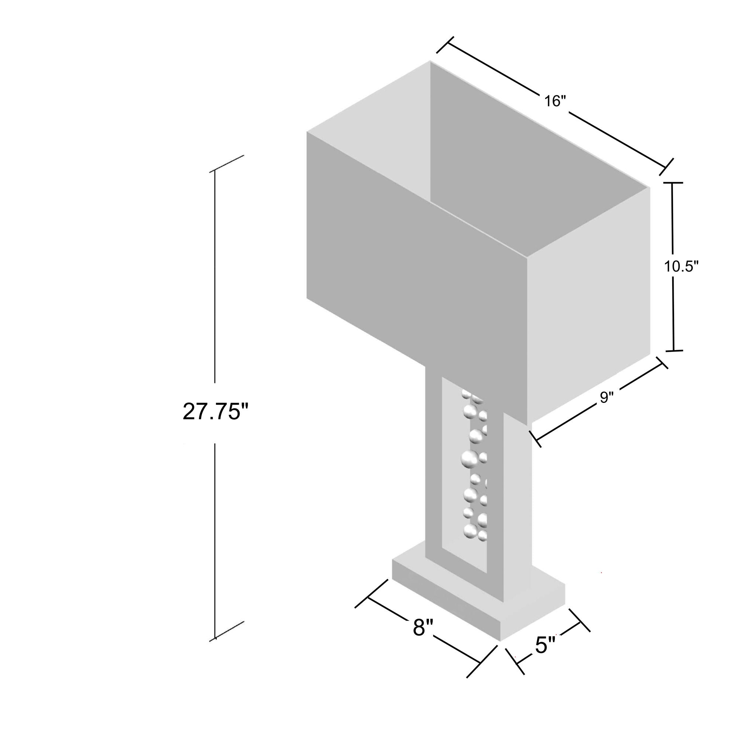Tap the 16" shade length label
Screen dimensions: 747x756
pos(555,101)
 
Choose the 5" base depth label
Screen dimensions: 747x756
pos(546,644)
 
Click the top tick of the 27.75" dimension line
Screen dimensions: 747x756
pos(227,164)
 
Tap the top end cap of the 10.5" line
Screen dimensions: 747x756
pos(672,183)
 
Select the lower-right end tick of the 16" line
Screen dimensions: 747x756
pos(666,167)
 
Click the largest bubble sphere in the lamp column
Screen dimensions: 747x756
pos(470,459)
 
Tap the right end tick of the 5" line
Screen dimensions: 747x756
pos(580,620)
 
